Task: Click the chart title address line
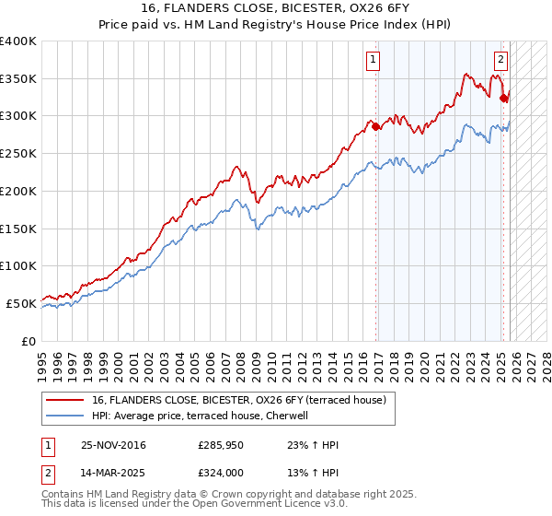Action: (276, 8)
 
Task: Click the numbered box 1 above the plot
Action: (374, 61)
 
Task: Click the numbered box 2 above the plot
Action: (500, 61)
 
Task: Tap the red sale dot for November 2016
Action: (376, 127)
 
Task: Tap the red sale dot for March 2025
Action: (503, 99)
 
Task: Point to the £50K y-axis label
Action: (21, 303)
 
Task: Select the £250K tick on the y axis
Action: (18, 154)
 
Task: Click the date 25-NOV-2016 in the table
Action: (113, 445)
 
